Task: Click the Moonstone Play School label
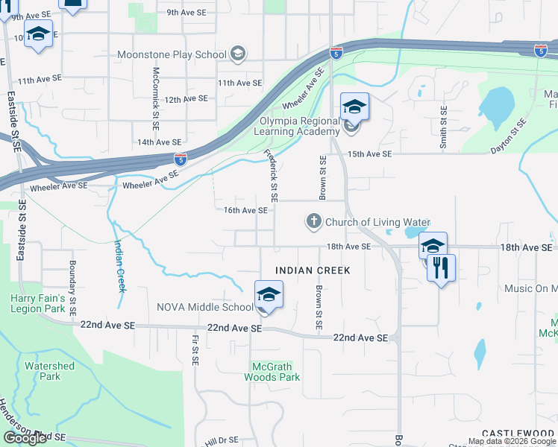172,54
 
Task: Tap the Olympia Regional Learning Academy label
298,126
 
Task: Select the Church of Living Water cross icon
314,221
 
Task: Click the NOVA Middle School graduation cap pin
269,295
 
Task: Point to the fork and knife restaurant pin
442,267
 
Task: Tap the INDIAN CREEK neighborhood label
312,270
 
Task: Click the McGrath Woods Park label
272,371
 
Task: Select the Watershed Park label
49,371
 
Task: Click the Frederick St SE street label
271,176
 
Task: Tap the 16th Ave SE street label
245,211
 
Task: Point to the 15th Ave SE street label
369,153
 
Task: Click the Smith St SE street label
443,127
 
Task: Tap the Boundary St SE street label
73,285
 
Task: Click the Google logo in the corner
25,438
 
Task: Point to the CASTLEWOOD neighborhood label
519,433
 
